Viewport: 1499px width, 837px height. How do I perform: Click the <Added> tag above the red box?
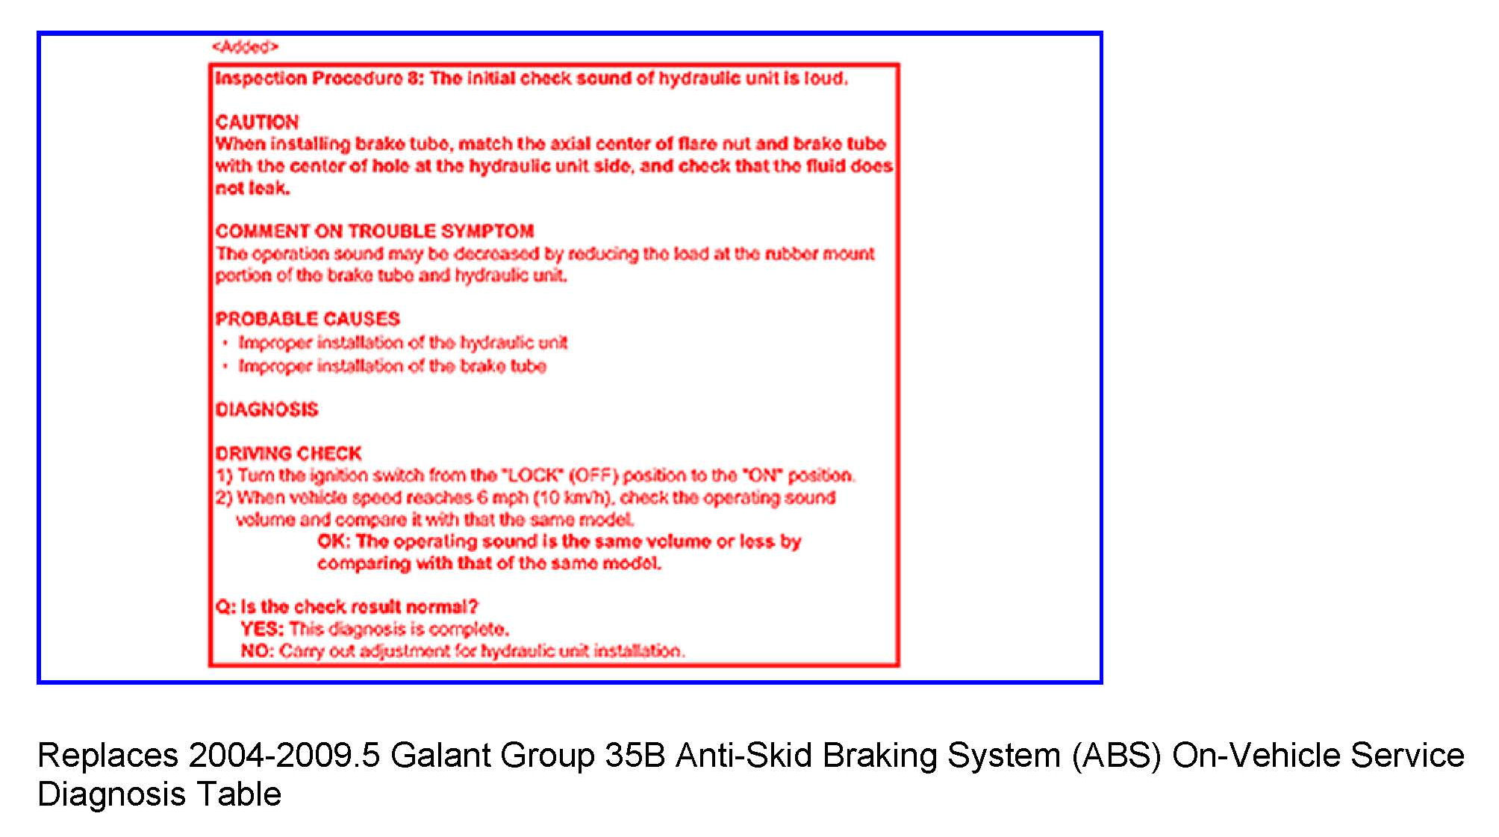pos(245,47)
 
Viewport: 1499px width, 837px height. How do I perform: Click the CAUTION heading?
pos(257,122)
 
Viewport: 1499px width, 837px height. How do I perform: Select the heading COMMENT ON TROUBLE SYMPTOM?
pos(375,231)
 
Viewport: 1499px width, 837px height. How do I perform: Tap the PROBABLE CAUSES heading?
pos(308,319)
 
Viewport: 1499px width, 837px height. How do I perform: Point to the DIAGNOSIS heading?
pos(267,410)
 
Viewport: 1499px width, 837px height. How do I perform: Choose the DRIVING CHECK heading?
pos(288,453)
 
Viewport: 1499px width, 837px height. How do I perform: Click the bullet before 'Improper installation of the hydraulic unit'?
pos(225,343)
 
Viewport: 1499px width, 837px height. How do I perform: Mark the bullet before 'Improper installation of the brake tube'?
pos(225,367)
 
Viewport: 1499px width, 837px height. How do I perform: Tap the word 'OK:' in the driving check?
pos(334,541)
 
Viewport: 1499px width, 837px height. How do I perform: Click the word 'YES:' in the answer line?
pos(262,629)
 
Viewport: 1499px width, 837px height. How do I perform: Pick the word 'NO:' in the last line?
pos(258,651)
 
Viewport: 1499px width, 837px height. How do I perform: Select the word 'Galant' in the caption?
pos(440,756)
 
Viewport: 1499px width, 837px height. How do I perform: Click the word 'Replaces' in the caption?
pos(108,756)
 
